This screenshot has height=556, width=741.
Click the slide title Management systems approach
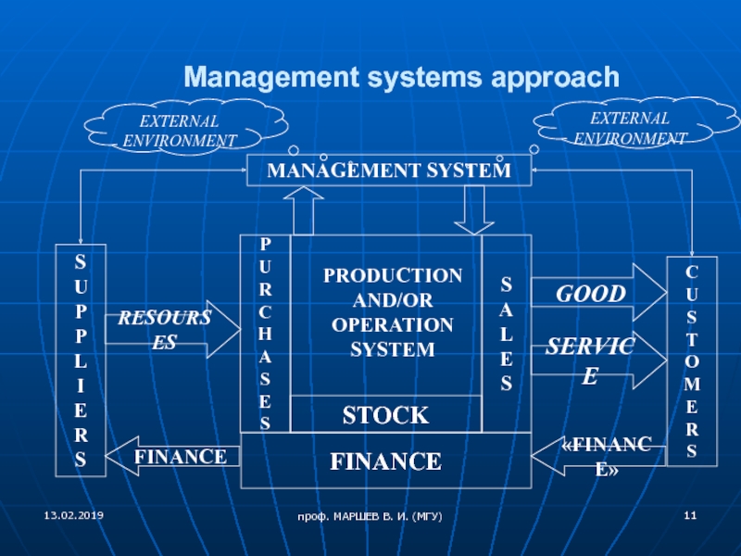point(400,76)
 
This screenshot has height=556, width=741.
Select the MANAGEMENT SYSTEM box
point(388,171)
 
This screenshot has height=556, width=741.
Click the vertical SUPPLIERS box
point(82,360)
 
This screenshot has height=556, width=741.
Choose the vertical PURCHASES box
point(265,333)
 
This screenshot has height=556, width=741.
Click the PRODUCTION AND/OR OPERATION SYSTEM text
point(392,312)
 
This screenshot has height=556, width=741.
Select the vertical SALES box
point(506,333)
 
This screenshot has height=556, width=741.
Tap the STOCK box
point(385,414)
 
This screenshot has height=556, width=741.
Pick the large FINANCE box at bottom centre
point(385,461)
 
